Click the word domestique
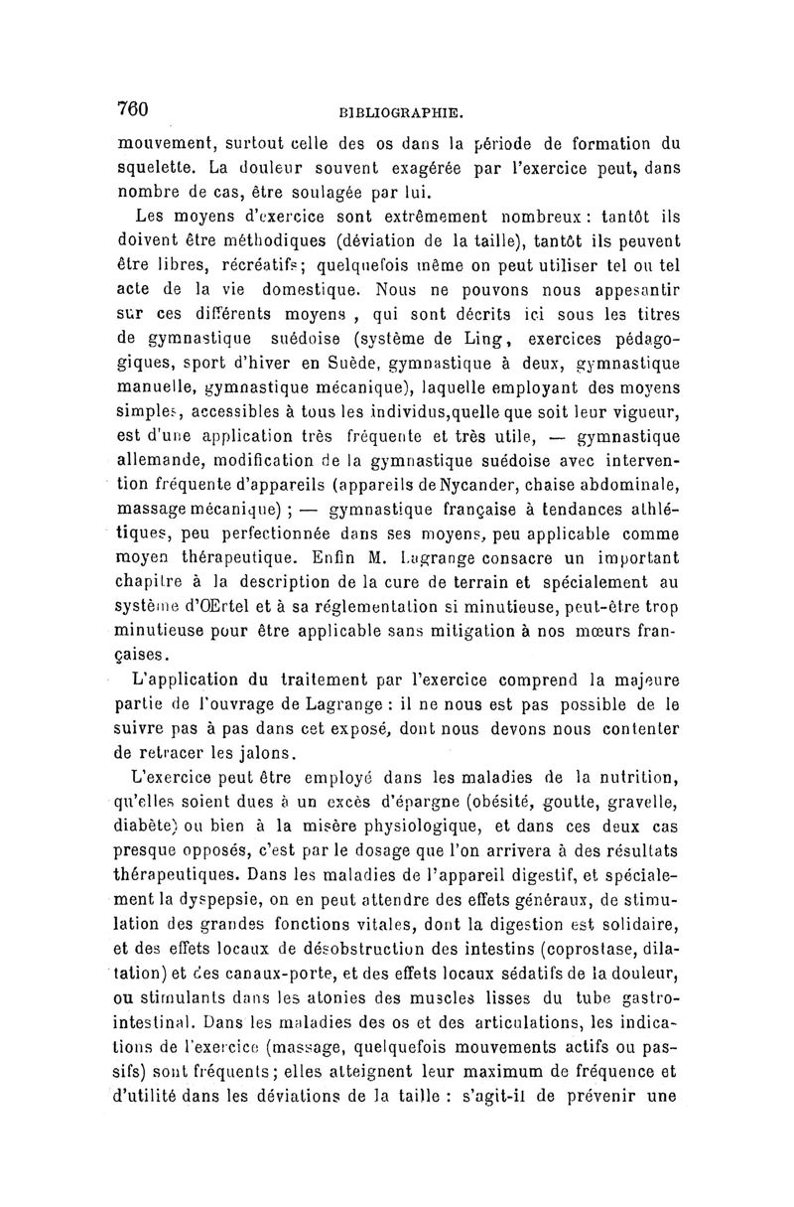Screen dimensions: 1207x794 tap(296, 292)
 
